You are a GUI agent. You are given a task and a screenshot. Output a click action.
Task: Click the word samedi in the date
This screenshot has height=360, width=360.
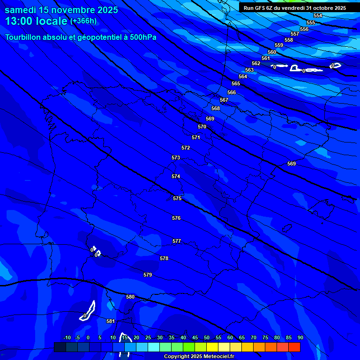(21, 10)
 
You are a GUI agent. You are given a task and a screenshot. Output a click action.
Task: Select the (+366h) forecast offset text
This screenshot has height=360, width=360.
(83, 21)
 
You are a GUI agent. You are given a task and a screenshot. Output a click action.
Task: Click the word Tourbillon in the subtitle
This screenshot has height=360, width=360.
(25, 37)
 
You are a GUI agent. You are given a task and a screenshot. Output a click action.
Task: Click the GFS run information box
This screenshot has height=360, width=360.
(295, 8)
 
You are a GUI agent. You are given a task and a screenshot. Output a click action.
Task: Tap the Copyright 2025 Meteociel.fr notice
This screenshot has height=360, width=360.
(199, 356)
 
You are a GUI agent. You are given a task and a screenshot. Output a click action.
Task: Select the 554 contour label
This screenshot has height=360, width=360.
(318, 16)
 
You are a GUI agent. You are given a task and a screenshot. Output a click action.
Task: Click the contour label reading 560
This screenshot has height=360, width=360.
(272, 52)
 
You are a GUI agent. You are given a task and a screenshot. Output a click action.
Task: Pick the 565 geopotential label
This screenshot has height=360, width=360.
(236, 83)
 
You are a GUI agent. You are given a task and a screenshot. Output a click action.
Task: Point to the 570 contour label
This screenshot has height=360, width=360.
(202, 127)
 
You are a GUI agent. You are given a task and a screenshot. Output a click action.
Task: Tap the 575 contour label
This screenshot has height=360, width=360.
(177, 198)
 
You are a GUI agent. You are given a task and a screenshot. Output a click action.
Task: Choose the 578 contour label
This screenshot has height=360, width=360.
(164, 258)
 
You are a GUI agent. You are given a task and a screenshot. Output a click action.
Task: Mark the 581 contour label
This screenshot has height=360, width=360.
(111, 321)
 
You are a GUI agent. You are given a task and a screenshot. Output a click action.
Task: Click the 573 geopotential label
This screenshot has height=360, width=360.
(176, 157)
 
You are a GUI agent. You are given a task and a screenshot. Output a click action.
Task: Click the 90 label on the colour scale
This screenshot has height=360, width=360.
(300, 337)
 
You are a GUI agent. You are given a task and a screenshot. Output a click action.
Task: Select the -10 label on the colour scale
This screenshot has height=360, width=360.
(67, 337)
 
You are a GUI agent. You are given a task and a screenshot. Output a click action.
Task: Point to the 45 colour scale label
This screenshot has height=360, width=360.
(195, 337)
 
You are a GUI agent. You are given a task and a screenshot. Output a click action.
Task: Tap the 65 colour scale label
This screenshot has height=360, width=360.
(241, 337)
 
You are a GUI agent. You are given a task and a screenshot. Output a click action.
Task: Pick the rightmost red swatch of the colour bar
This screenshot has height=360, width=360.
(294, 347)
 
